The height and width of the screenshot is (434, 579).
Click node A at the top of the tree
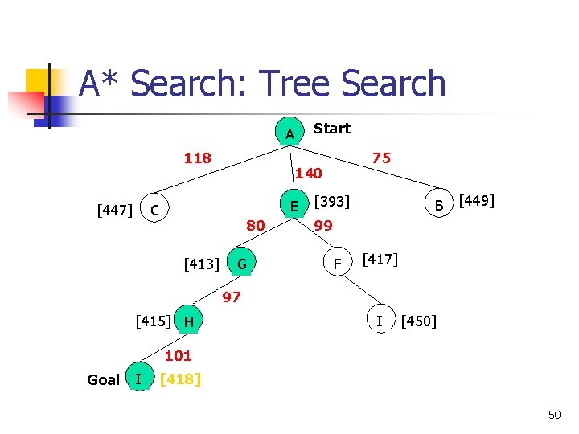pyautogui.click(x=289, y=133)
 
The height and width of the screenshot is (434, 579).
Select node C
pyautogui.click(x=154, y=210)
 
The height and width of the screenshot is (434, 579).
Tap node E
pyautogui.click(x=294, y=206)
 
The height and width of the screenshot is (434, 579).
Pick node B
pyautogui.click(x=439, y=207)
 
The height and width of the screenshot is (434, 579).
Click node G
pyautogui.click(x=241, y=263)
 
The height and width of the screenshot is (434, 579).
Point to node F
pyautogui.click(x=339, y=263)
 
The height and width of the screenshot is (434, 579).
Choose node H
pyautogui.click(x=187, y=321)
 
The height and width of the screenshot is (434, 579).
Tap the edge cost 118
pyautogui.click(x=197, y=158)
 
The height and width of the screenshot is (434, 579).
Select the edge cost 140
pyautogui.click(x=308, y=173)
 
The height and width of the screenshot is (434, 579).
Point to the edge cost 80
pyautogui.click(x=255, y=226)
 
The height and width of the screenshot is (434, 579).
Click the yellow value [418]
pyautogui.click(x=180, y=379)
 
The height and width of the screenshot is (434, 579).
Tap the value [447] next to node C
pyautogui.click(x=114, y=211)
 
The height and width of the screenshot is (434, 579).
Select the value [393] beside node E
pyautogui.click(x=331, y=200)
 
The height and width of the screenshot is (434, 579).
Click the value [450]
pyautogui.click(x=419, y=321)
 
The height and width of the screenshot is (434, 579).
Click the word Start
pyautogui.click(x=331, y=128)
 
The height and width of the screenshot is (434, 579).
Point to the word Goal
pyautogui.click(x=103, y=379)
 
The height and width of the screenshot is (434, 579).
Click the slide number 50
pyautogui.click(x=554, y=415)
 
